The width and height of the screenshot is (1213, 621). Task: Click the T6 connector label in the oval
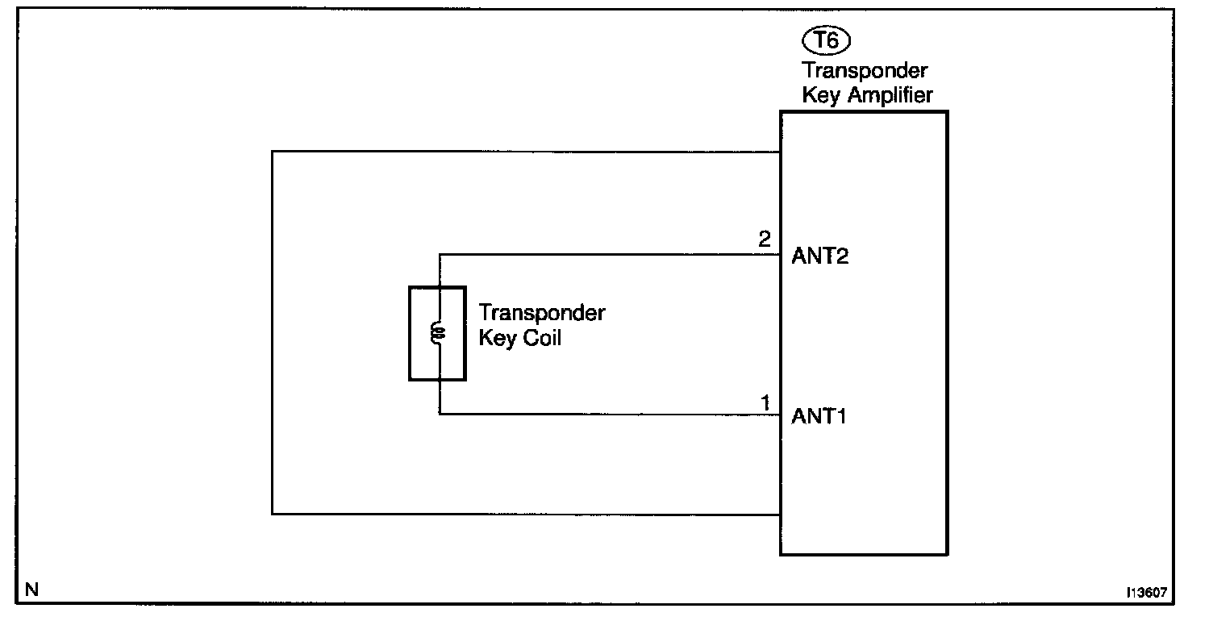click(x=827, y=40)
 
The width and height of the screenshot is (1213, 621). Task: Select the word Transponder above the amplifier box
click(x=865, y=70)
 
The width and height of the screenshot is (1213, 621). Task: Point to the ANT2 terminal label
click(x=819, y=257)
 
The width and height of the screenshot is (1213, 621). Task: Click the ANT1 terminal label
click(x=819, y=417)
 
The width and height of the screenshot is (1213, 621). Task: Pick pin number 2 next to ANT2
click(x=765, y=240)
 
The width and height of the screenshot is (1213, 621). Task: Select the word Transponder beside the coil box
click(x=541, y=313)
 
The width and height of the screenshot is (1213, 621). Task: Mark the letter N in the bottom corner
click(x=31, y=589)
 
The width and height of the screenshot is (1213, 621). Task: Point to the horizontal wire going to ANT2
click(x=605, y=255)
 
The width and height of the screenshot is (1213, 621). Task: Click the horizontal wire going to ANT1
click(x=605, y=415)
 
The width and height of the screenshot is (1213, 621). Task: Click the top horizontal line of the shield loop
click(x=524, y=151)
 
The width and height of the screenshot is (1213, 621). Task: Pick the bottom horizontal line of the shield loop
click(x=524, y=514)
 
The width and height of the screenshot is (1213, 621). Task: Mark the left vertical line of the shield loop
click(x=273, y=331)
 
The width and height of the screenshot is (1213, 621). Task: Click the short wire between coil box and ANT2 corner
click(x=440, y=270)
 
